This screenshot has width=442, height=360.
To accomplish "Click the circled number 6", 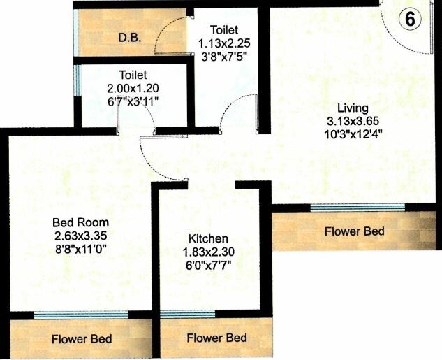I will point(411,20).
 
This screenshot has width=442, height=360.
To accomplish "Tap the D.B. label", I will point(130,38).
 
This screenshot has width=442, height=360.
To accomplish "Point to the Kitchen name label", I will point(207,238).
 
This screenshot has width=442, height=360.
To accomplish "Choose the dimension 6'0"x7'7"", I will point(207,265).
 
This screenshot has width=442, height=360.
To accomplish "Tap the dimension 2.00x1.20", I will point(133,89).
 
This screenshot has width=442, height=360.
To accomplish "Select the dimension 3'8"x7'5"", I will point(223,55).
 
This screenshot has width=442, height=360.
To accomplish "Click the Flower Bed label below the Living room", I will point(355,231).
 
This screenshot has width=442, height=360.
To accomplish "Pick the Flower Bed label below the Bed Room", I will point(82,340).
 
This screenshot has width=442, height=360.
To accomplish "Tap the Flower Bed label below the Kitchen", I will point(217,338).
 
